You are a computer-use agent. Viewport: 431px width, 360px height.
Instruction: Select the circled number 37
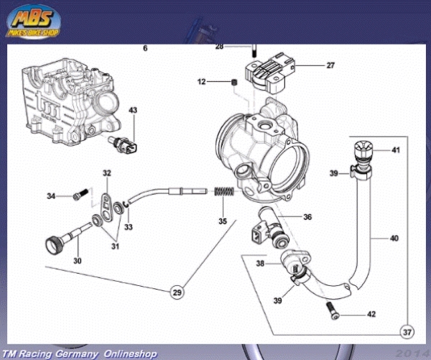tap(408, 332)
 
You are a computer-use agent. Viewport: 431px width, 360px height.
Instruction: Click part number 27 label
tap(330, 66)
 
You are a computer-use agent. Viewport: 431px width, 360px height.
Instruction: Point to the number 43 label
tap(132, 110)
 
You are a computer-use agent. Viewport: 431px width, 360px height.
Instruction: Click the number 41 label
tap(394, 150)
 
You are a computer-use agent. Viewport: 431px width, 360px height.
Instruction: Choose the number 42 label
tap(371, 314)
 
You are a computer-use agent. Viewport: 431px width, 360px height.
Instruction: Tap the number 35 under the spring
tap(223, 221)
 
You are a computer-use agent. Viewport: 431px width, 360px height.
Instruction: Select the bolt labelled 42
tap(332, 310)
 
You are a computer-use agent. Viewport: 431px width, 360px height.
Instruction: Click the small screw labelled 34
tap(80, 193)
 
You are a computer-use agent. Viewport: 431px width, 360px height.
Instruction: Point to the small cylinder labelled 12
tap(234, 85)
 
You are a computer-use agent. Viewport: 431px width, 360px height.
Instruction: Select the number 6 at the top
tap(145, 49)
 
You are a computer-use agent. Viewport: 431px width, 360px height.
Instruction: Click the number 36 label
tap(307, 216)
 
